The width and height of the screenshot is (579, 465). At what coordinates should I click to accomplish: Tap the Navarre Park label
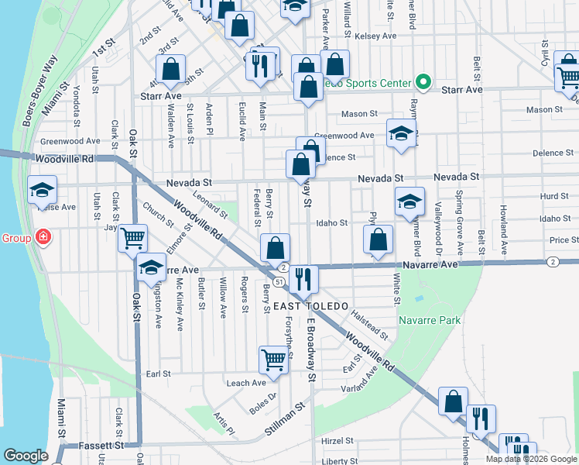coord(430,320)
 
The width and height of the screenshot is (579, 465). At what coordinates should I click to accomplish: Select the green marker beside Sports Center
coord(423,81)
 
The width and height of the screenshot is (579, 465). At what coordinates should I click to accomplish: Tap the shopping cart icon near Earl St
coord(273,359)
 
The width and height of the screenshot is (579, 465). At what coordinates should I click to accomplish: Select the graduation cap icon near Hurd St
coord(409,204)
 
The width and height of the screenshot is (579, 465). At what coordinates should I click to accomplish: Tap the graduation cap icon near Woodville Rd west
coord(42,191)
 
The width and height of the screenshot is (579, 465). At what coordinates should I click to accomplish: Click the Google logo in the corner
coord(26,456)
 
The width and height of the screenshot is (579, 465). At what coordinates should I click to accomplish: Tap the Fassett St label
coord(101,446)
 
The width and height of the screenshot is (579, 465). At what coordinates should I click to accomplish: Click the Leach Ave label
coord(246,383)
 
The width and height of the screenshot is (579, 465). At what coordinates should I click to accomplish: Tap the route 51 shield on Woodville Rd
coord(277,281)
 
